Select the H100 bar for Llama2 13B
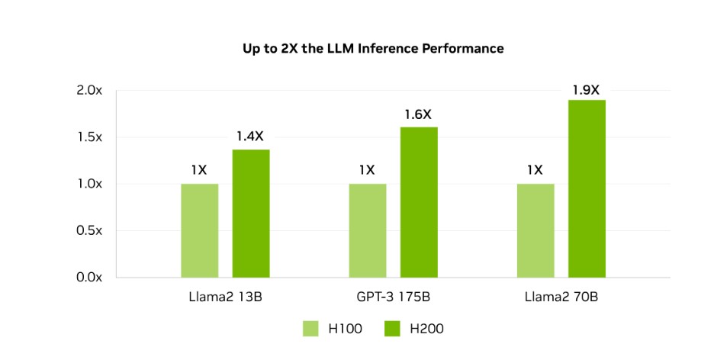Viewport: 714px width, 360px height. pyautogui.click(x=199, y=230)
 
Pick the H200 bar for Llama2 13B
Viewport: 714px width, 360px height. pyautogui.click(x=251, y=214)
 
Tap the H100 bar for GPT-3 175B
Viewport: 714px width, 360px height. pyautogui.click(x=368, y=230)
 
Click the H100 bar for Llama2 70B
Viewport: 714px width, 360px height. pyautogui.click(x=535, y=230)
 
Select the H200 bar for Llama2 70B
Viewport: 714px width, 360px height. pyautogui.click(x=587, y=188)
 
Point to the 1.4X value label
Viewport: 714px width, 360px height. pyautogui.click(x=251, y=137)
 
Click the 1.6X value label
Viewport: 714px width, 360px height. pyautogui.click(x=418, y=114)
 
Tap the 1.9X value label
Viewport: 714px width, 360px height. pyautogui.click(x=587, y=89)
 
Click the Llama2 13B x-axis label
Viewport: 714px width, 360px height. pyautogui.click(x=225, y=297)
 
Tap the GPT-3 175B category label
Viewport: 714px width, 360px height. pyautogui.click(x=393, y=297)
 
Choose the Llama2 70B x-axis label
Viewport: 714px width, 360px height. pyautogui.click(x=561, y=297)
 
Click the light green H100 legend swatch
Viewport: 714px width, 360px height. pyautogui.click(x=310, y=329)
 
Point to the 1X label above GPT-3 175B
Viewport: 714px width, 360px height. pyautogui.click(x=367, y=170)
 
